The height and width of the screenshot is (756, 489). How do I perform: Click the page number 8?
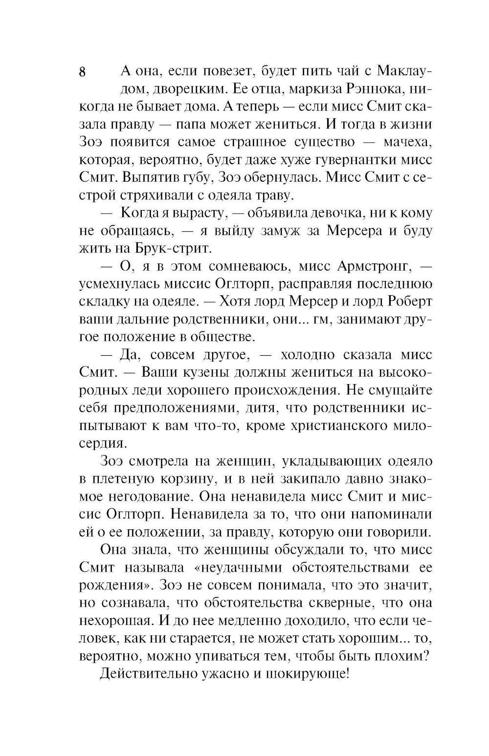(x=82, y=72)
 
